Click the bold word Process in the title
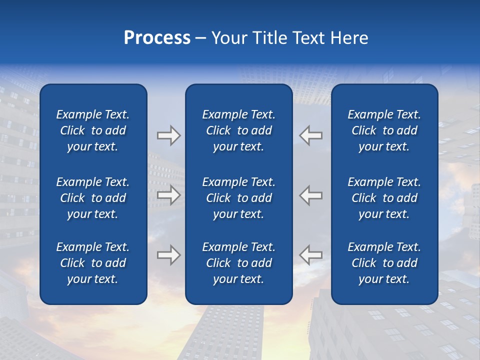[x=157, y=38]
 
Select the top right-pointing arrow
[x=168, y=135]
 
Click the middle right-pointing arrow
[x=168, y=194]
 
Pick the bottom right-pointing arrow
[x=168, y=255]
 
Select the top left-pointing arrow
[x=311, y=135]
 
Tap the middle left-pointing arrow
[x=311, y=194]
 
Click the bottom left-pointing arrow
[x=311, y=255]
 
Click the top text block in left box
[x=93, y=130]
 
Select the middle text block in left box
[x=93, y=198]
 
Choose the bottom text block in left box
[x=93, y=263]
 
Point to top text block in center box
[x=239, y=130]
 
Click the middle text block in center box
[x=239, y=198]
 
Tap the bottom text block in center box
[x=239, y=263]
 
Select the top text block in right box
[x=384, y=130]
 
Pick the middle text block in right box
[x=384, y=198]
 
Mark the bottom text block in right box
[x=384, y=263]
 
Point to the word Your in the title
[x=229, y=38]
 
